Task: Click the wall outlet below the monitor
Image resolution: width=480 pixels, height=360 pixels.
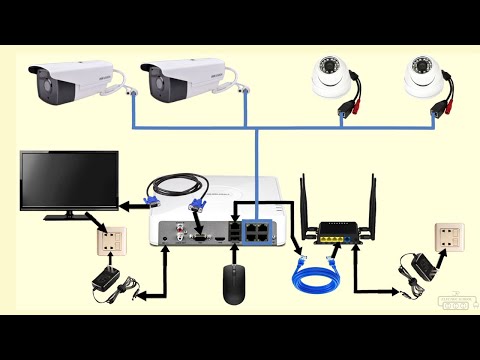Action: click(112, 240)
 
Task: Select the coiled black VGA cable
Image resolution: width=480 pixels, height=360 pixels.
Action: click(175, 185)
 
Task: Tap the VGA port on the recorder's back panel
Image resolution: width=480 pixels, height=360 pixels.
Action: click(198, 239)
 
